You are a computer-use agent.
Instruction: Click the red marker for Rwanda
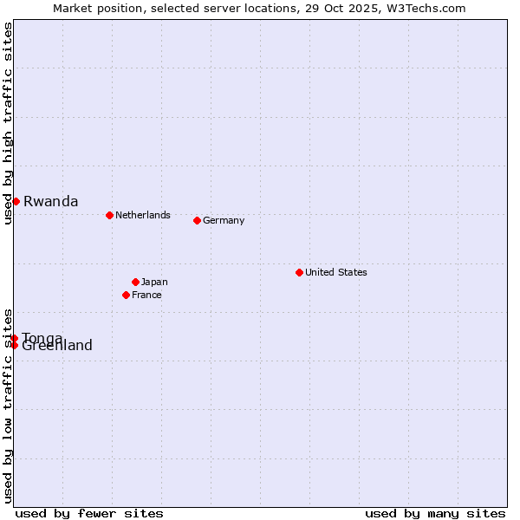[16, 201]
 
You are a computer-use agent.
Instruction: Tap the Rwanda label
[51, 202]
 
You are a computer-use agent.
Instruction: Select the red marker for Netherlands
[109, 215]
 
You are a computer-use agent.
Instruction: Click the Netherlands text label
[143, 215]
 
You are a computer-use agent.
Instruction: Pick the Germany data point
[197, 220]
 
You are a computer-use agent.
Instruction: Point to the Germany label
[224, 220]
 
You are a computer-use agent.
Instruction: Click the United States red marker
[299, 272]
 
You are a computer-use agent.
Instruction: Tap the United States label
[336, 272]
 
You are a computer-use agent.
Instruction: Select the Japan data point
[135, 282]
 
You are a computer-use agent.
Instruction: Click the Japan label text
[154, 282]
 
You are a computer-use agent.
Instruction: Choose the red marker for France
[126, 295]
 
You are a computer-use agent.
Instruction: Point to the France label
[147, 295]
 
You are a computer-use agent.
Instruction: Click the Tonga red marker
[15, 338]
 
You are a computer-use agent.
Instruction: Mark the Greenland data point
[14, 346]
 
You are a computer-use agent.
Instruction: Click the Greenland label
[57, 347]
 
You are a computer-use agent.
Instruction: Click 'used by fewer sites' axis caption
[89, 513]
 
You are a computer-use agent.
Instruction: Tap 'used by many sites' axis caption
[435, 513]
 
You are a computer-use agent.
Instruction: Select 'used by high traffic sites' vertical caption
[8, 124]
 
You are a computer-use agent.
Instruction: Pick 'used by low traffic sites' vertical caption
[8, 406]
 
